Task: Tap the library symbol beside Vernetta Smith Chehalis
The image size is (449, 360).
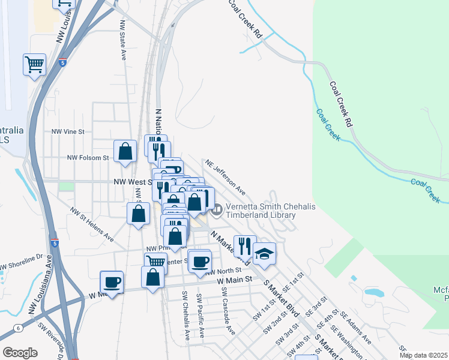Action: pyautogui.click(x=217, y=209)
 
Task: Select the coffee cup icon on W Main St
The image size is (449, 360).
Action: pyautogui.click(x=112, y=281)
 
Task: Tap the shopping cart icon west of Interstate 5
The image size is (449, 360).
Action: pyautogui.click(x=35, y=64)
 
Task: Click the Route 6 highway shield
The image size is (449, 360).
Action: pyautogui.click(x=19, y=328)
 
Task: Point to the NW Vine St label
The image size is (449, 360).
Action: pyautogui.click(x=69, y=131)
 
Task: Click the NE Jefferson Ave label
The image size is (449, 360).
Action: pyautogui.click(x=226, y=176)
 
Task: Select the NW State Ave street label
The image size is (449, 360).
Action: pyautogui.click(x=122, y=43)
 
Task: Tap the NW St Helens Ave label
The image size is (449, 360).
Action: pyautogui.click(x=92, y=224)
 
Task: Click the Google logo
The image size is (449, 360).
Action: pyautogui.click(x=20, y=352)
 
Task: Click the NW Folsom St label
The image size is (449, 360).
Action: pyautogui.click(x=87, y=158)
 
